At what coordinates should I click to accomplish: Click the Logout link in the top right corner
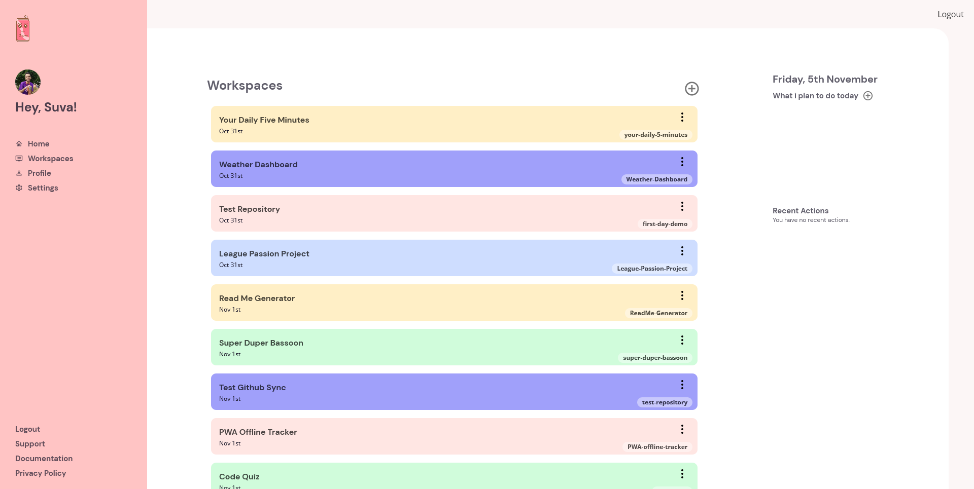950,14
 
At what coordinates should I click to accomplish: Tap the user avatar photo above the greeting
28,82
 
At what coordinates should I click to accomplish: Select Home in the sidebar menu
38,144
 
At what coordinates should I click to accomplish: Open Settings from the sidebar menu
43,188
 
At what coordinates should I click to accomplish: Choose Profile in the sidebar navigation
39,173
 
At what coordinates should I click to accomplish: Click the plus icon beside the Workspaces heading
691,89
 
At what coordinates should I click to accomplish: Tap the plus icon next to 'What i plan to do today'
868,96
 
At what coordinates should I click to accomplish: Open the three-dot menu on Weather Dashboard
682,162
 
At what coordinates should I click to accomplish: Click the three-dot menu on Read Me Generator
682,295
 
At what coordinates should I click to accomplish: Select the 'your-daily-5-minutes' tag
655,135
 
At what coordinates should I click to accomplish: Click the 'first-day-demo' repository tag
665,224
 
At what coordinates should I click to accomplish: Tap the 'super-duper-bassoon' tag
655,358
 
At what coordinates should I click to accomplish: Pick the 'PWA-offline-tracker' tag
657,447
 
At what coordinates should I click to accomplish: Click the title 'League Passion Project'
264,254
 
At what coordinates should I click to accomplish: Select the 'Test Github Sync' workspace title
252,388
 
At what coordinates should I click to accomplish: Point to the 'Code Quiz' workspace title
239,477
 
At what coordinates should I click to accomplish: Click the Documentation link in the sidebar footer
44,459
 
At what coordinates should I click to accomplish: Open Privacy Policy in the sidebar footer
41,473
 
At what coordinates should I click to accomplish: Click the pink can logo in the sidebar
23,29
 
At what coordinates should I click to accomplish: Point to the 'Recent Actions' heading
800,211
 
